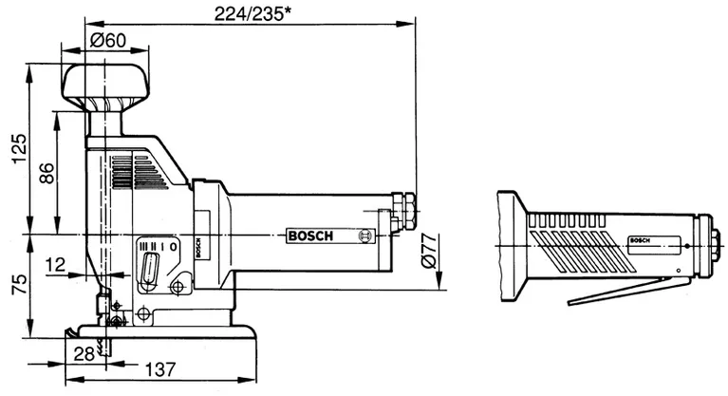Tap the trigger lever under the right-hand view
click(x=627, y=291)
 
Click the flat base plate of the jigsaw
click(x=166, y=332)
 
